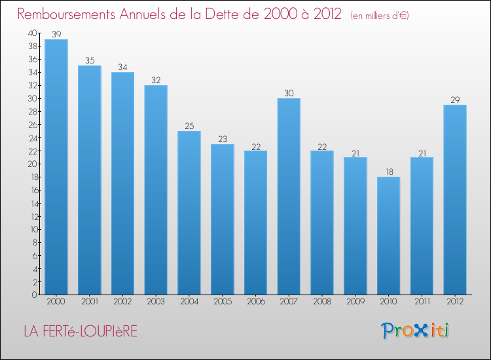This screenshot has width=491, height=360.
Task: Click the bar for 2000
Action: point(56,167)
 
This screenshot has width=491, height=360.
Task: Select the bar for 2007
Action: point(289,196)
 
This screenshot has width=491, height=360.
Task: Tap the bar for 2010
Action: point(388,236)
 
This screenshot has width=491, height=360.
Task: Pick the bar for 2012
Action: point(455,200)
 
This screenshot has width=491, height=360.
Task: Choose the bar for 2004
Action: point(189,213)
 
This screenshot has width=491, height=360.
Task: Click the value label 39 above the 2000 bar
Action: point(56,34)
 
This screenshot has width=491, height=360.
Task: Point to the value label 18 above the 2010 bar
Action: point(388,171)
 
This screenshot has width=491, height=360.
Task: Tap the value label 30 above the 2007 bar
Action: point(289,93)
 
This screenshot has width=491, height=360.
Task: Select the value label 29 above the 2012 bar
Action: point(455,99)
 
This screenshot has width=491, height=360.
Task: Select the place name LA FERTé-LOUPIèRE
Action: point(81,332)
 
